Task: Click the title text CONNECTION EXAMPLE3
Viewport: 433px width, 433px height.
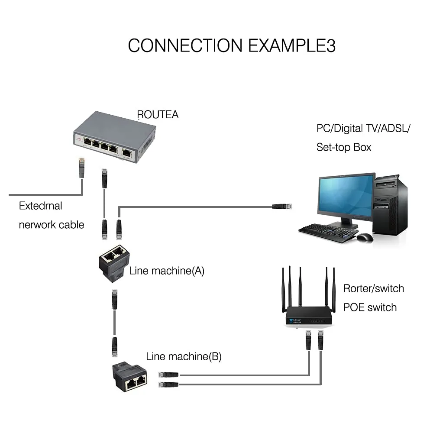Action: [x=232, y=45]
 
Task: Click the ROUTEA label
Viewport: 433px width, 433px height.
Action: [x=158, y=115]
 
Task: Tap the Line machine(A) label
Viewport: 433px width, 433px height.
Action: [x=167, y=271]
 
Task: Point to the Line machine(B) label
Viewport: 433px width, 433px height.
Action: [x=184, y=357]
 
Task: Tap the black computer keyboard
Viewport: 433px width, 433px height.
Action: [x=328, y=232]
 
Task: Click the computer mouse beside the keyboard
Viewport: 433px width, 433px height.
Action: [x=365, y=237]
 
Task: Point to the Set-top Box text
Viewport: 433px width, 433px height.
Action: [x=344, y=147]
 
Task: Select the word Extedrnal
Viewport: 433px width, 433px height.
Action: [x=40, y=206]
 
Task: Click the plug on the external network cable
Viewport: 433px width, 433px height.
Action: [x=81, y=168]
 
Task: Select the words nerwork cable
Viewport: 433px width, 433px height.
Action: [x=52, y=225]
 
